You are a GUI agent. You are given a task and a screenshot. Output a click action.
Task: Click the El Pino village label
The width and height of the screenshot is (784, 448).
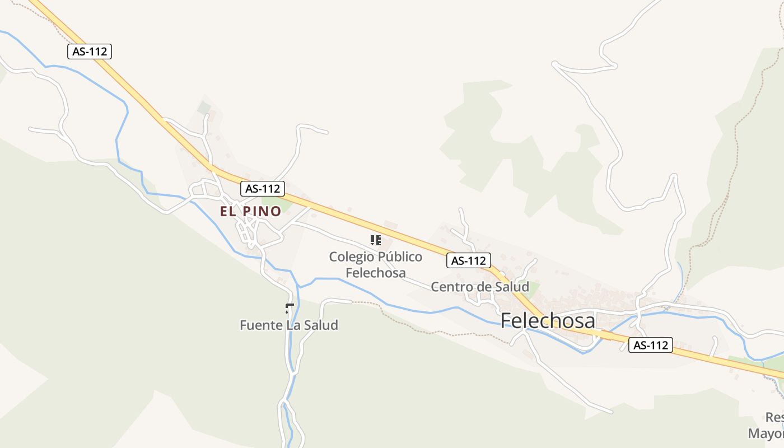click(250, 212)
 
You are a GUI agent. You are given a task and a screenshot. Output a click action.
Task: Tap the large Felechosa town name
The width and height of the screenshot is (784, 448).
click(548, 320)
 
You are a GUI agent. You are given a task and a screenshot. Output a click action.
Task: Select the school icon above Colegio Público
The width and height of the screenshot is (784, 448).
click(376, 240)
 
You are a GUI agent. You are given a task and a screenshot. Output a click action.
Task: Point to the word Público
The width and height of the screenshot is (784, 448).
click(400, 257)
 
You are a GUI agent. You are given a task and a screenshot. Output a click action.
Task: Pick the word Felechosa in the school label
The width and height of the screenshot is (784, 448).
click(376, 273)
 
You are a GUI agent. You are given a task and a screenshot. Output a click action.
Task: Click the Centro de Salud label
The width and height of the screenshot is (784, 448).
click(480, 287)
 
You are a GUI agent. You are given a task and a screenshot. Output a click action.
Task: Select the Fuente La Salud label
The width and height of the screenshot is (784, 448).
click(289, 325)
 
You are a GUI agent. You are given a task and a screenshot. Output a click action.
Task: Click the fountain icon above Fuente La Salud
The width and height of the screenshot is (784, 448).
click(290, 307)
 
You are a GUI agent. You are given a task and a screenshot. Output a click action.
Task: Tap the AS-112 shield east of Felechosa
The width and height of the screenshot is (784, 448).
click(650, 346)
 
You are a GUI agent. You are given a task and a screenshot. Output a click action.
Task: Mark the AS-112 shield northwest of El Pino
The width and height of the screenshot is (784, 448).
click(90, 52)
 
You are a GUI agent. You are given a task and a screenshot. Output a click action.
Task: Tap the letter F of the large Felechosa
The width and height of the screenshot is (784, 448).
click(506, 320)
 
